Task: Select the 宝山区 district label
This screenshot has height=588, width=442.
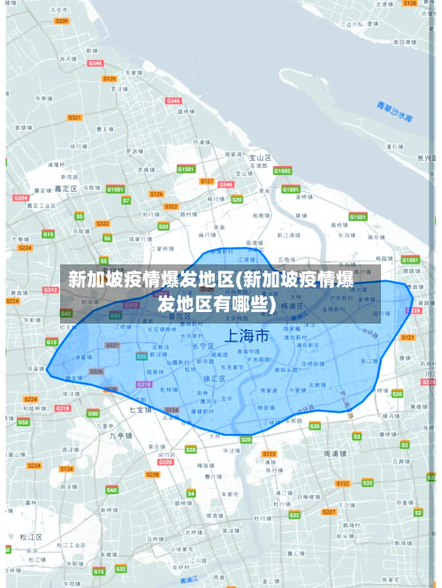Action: [x=258, y=158]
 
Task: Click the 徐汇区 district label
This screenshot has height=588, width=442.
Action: [x=213, y=378]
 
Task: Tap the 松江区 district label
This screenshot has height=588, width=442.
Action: [x=32, y=537]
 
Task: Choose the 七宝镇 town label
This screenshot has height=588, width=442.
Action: [x=141, y=410]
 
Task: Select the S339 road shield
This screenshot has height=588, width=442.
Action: [x=61, y=20]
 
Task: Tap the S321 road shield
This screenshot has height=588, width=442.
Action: [x=75, y=117]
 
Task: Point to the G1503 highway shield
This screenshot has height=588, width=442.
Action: [x=281, y=171]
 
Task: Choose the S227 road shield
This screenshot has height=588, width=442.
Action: [x=329, y=512]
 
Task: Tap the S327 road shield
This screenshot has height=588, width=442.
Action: [x=112, y=345]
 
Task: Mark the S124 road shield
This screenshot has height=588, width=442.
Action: [x=172, y=410]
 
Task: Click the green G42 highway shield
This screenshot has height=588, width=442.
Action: [x=66, y=314]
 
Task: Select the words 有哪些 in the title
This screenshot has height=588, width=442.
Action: [x=234, y=304]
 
